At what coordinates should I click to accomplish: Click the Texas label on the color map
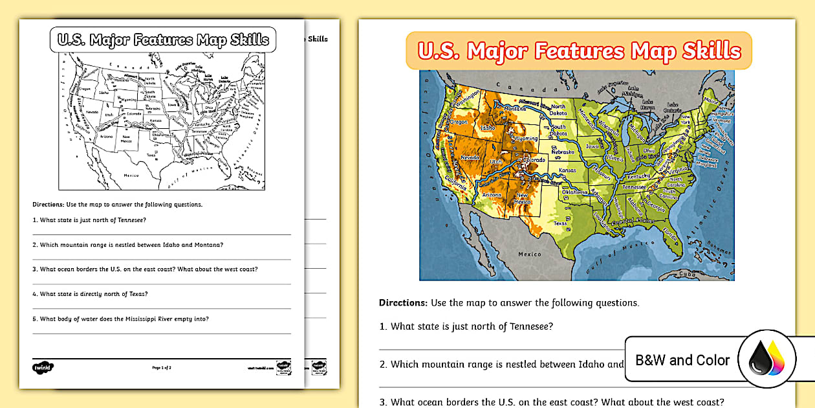point(560,223)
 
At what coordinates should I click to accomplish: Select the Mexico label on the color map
point(529,255)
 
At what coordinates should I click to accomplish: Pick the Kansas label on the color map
point(567,170)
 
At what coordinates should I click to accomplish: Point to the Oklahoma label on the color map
point(574,192)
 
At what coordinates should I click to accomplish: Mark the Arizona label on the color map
point(492,195)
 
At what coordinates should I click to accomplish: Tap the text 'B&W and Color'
point(682,360)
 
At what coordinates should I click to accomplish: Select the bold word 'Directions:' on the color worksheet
point(403,302)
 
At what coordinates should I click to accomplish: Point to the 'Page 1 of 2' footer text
point(161,367)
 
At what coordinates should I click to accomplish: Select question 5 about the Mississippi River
point(124,318)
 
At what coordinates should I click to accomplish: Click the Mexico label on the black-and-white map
point(131,176)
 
